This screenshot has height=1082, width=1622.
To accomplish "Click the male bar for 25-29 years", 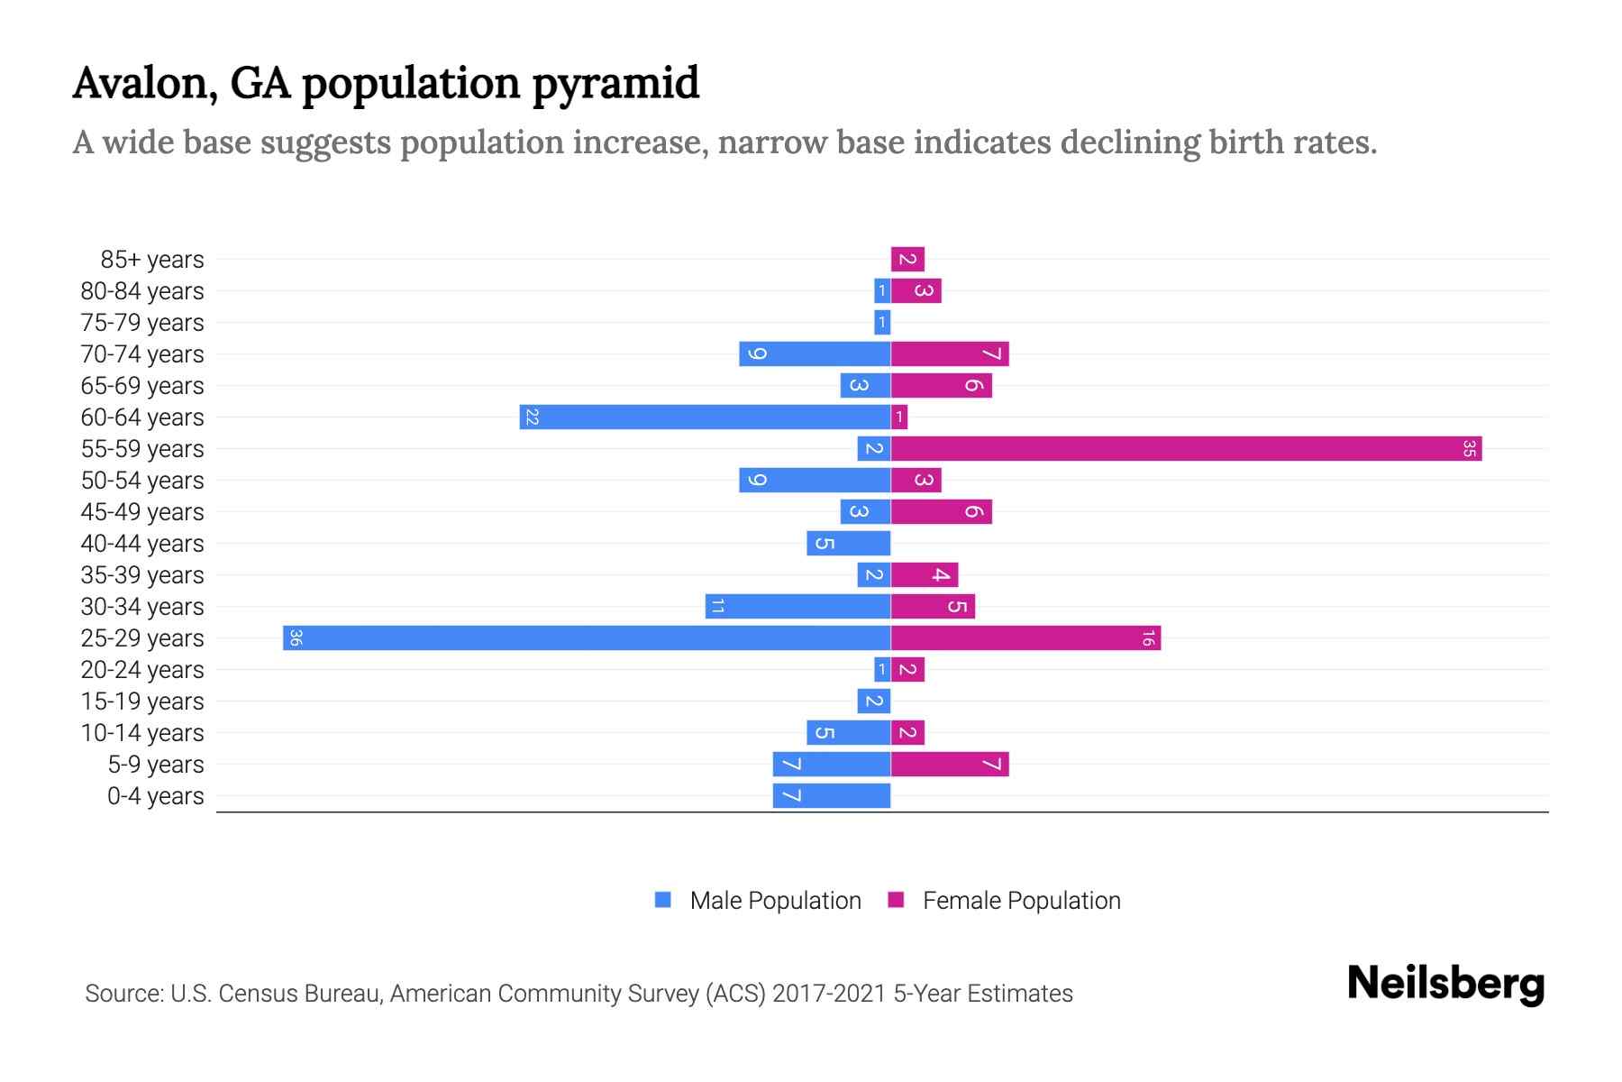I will tap(586, 638).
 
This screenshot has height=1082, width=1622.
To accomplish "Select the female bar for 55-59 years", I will tap(1186, 449).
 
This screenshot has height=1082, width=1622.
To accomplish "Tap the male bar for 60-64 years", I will tap(705, 417).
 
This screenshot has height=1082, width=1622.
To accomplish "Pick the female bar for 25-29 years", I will tap(1025, 638).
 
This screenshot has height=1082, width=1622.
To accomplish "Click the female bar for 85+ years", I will tap(907, 260).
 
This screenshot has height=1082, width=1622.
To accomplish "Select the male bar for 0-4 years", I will tap(831, 796).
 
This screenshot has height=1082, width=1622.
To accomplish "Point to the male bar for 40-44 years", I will tap(848, 544).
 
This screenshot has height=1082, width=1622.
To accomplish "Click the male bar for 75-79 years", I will tap(882, 323).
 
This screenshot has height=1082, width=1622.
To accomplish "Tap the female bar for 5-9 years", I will tap(950, 765).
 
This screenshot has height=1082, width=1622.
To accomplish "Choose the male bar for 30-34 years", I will tap(797, 607).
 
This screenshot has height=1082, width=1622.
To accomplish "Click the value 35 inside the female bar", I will tap(1469, 449).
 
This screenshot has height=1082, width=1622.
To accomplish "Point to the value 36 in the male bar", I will tap(296, 638).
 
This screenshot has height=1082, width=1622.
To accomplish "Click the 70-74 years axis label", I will tap(142, 354).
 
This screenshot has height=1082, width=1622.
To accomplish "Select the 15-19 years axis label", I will tap(142, 701).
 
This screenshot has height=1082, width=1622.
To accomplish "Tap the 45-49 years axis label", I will tap(142, 512).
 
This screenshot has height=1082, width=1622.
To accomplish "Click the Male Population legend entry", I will tap(775, 901).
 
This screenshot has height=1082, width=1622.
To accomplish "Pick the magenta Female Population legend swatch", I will tap(896, 900).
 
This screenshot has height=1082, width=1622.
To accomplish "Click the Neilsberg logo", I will tap(1445, 984).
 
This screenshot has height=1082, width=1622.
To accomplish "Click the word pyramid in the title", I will tap(615, 84).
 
